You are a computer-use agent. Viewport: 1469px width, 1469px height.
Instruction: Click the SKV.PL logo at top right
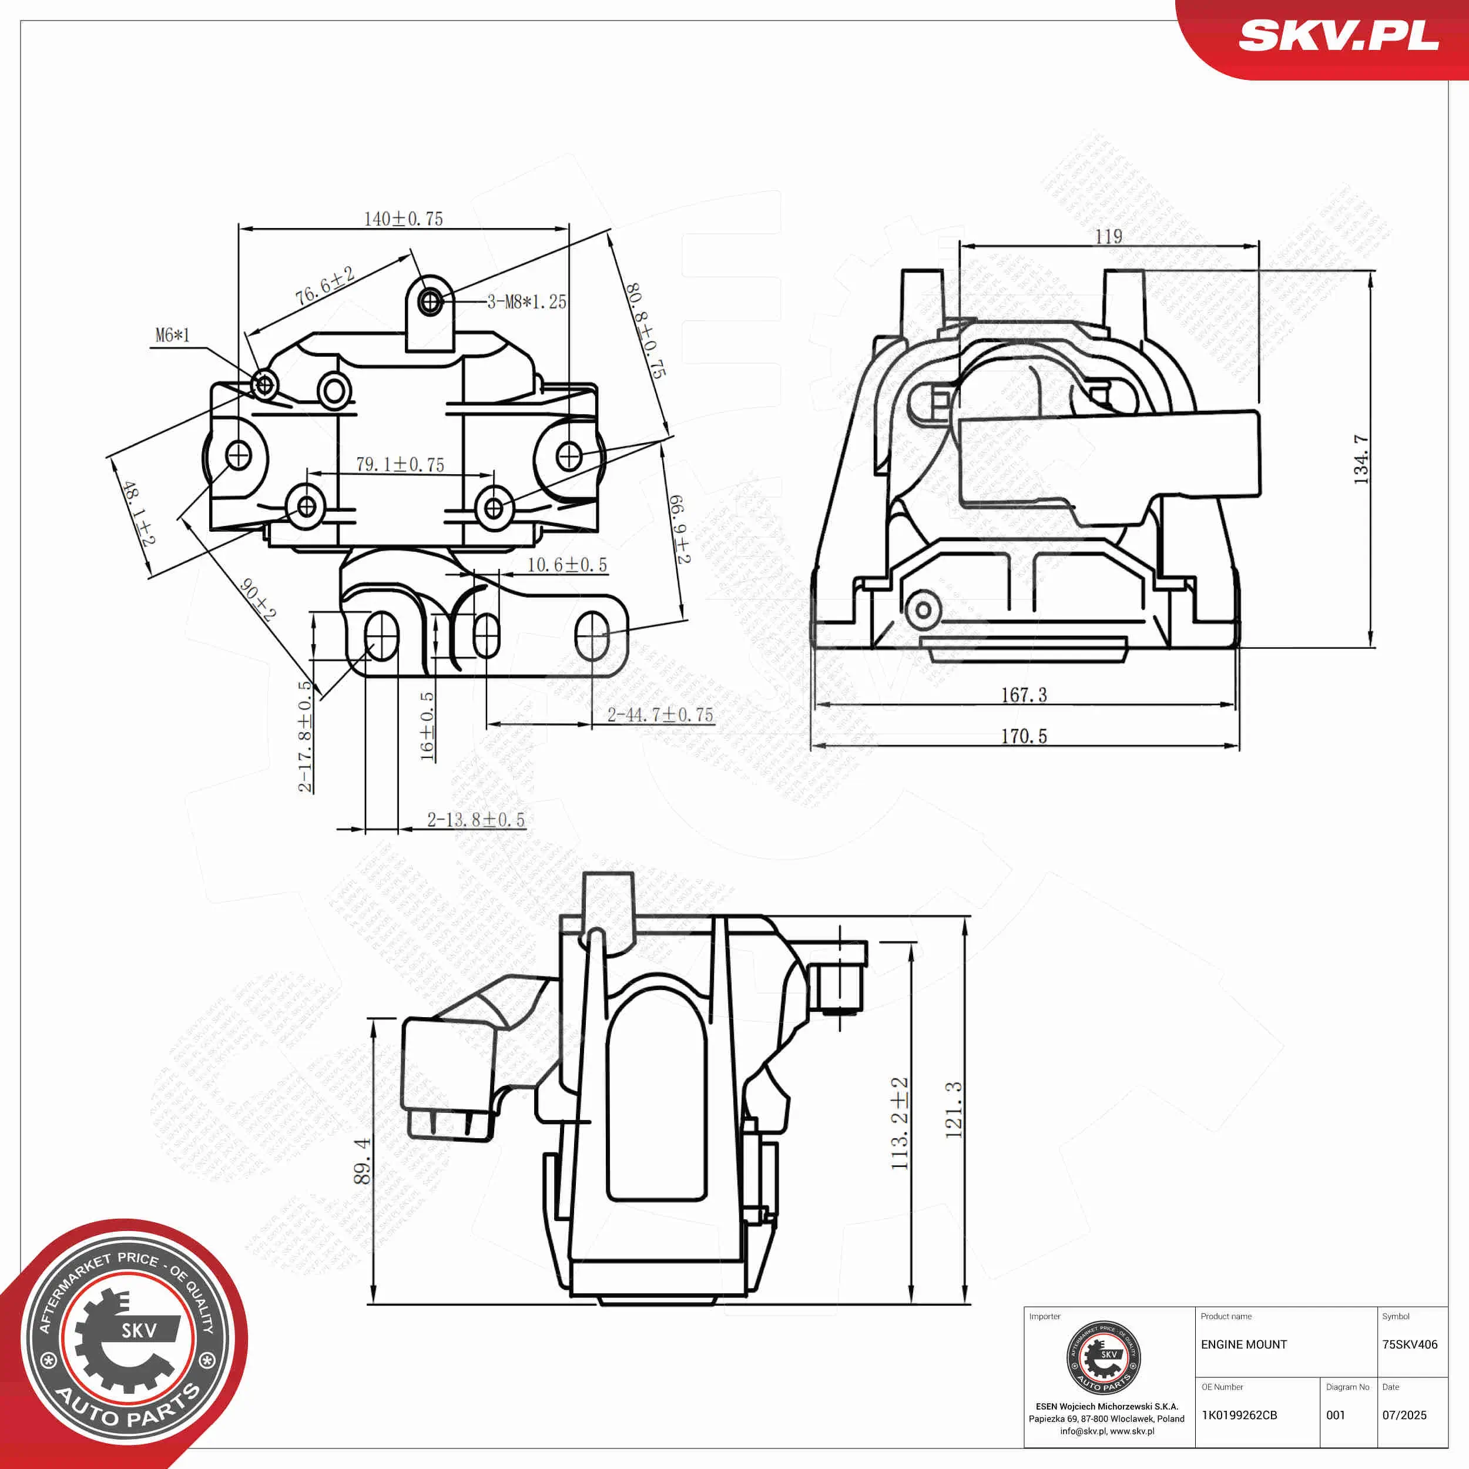[1338, 36]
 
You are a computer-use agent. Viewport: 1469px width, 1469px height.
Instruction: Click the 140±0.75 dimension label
[403, 219]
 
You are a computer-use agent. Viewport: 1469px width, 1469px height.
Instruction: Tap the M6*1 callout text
[173, 334]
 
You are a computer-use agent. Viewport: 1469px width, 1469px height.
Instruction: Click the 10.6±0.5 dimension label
[567, 565]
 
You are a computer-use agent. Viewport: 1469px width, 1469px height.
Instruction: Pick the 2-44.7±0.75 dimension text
[660, 715]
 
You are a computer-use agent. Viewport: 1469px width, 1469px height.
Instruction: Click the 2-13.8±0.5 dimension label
[476, 820]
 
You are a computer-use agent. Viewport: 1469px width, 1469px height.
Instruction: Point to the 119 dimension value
[1108, 236]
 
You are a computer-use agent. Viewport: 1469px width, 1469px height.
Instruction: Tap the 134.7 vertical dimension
[1360, 460]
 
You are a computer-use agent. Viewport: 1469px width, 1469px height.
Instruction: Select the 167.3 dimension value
[1024, 695]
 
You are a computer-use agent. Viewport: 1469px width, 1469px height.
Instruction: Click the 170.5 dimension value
[1024, 736]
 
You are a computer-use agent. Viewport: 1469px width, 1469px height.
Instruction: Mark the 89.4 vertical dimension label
[362, 1161]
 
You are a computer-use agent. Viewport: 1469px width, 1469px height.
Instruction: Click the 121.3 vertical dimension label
[954, 1110]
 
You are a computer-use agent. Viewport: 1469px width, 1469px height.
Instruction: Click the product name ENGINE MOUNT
[1243, 1344]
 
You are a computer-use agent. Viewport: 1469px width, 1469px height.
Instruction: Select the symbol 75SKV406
[1409, 1344]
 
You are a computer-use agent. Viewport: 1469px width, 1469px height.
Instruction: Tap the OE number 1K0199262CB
[1239, 1415]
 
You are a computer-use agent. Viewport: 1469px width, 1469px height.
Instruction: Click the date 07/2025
[1404, 1415]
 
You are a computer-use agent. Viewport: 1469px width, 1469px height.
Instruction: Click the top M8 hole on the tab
[430, 302]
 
